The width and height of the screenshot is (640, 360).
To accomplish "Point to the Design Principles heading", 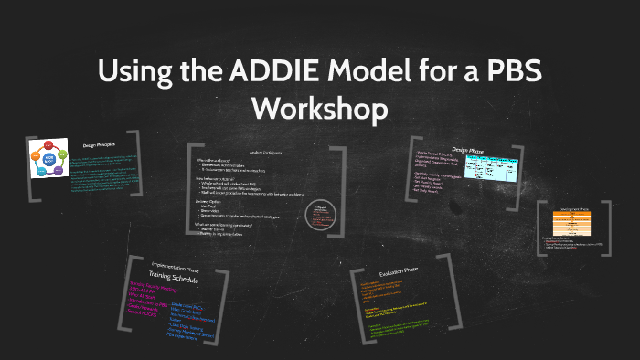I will point(101,145).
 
